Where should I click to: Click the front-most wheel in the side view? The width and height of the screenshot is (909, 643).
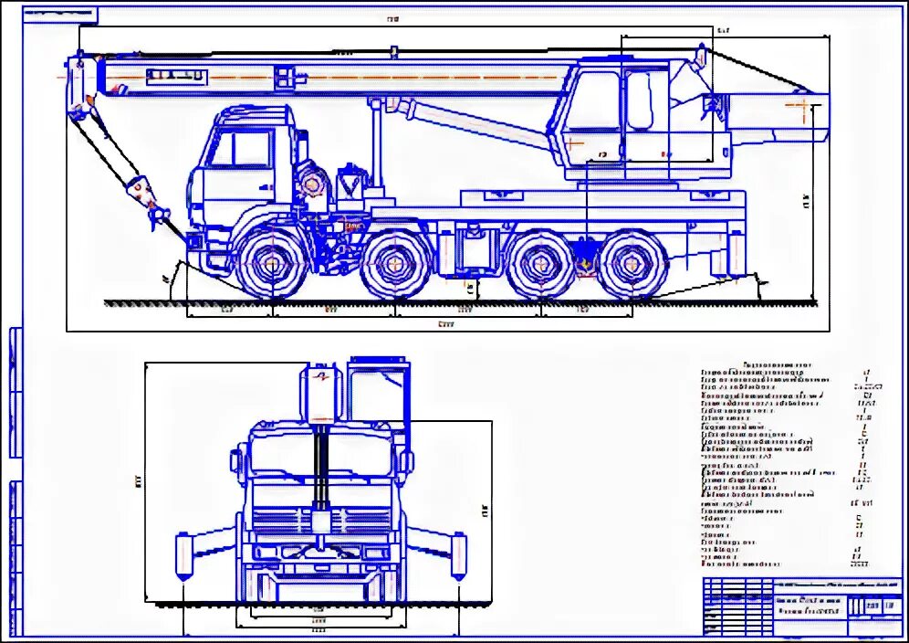click(x=272, y=264)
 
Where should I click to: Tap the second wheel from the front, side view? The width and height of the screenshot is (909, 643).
click(x=394, y=265)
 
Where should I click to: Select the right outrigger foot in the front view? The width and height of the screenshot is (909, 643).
click(x=457, y=556)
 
